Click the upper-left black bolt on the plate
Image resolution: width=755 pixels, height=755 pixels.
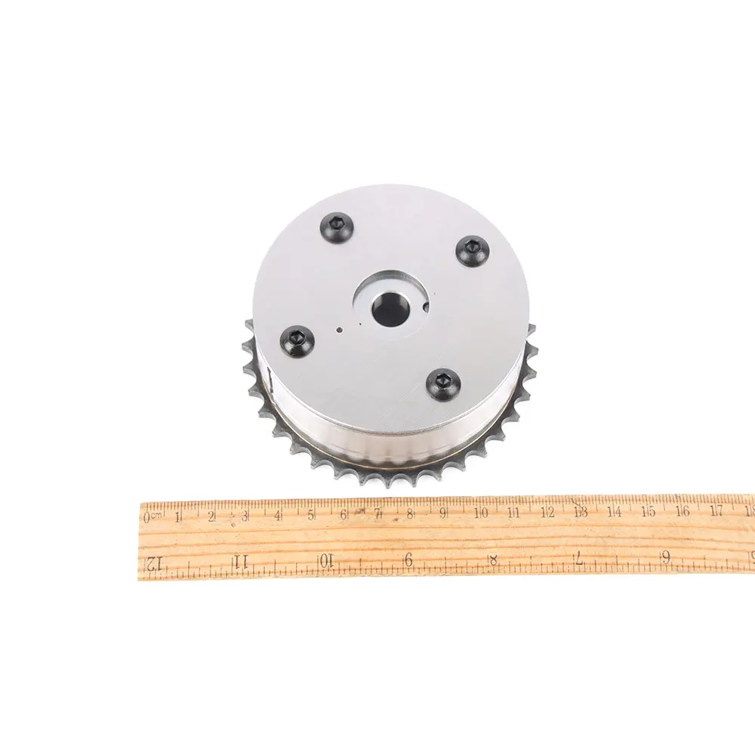(337, 224)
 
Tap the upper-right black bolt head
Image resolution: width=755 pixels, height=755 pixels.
(473, 249)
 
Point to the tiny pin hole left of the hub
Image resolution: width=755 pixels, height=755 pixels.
(340, 331)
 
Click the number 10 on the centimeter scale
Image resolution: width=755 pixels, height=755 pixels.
(480, 513)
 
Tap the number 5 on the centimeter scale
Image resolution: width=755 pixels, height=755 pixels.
(312, 515)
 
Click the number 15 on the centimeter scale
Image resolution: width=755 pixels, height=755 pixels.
(649, 511)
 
